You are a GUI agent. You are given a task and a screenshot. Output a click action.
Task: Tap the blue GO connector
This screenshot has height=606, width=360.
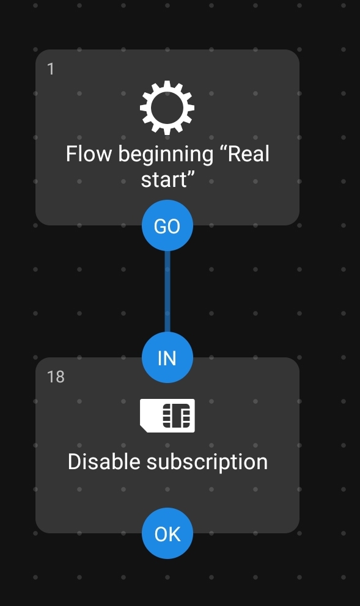(167, 225)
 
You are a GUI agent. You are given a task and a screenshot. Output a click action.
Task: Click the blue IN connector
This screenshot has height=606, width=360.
(167, 357)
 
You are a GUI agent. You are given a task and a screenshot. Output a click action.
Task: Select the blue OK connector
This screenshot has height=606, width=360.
(167, 533)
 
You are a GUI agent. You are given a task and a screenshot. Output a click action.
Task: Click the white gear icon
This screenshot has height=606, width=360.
(167, 108)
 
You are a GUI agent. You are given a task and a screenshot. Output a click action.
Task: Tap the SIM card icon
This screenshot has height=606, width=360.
(167, 415)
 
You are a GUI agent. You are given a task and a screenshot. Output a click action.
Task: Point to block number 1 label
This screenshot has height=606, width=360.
(50, 69)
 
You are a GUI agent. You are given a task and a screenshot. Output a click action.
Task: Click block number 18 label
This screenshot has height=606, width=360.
(56, 377)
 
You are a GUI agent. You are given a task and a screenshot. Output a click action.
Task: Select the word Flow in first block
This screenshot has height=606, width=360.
(89, 154)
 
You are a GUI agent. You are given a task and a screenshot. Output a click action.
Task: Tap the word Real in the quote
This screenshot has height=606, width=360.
(249, 154)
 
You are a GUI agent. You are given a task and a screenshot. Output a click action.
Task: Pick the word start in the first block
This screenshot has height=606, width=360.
(163, 180)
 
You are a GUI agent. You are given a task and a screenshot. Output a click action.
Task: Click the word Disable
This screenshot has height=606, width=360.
(104, 461)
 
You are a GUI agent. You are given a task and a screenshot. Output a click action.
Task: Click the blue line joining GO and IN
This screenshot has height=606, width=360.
(167, 291)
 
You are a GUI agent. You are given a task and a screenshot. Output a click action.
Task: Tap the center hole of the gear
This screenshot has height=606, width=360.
(167, 108)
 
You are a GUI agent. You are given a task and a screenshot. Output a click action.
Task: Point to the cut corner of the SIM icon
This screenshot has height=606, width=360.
(143, 429)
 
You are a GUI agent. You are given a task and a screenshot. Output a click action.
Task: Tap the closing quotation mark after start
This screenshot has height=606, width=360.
(190, 175)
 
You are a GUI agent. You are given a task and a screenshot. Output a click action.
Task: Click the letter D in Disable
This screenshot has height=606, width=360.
(74, 461)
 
